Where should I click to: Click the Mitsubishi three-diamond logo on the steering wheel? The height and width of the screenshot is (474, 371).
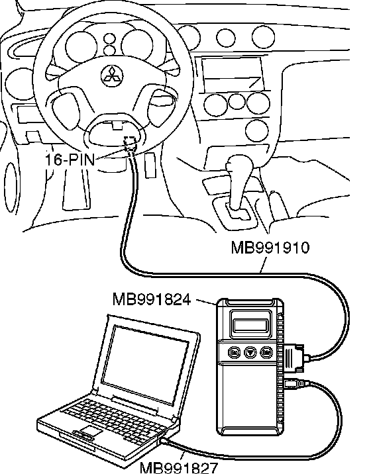pyautogui.click(x=112, y=75)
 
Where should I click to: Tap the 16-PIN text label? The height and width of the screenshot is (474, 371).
pyautogui.click(x=70, y=159)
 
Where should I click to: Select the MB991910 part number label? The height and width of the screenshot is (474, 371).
pyautogui.click(x=270, y=248)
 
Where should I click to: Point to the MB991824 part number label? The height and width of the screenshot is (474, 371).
pyautogui.click(x=152, y=300)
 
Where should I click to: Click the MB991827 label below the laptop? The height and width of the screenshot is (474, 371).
pyautogui.click(x=179, y=467)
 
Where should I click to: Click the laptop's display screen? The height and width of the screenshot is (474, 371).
pyautogui.click(x=145, y=363)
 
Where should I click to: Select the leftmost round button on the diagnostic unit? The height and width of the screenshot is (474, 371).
pyautogui.click(x=234, y=352)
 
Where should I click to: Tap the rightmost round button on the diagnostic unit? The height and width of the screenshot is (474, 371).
pyautogui.click(x=266, y=352)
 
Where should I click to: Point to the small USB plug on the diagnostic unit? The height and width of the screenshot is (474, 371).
pyautogui.click(x=297, y=383)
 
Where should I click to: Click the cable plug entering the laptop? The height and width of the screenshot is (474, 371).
pyautogui.click(x=165, y=442)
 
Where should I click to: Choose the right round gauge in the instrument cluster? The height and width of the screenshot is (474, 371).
pyautogui.click(x=138, y=45)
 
